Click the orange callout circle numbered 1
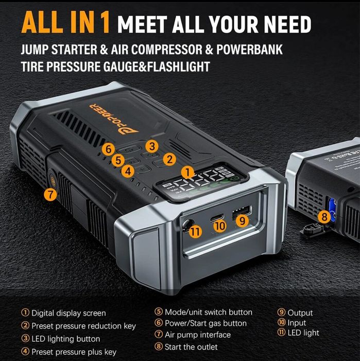188,172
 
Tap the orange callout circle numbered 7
50,194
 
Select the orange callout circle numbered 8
324,217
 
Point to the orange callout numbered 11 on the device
195,232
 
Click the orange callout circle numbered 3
152,146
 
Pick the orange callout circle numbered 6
108,149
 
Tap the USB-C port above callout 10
217,217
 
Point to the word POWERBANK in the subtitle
249,50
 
